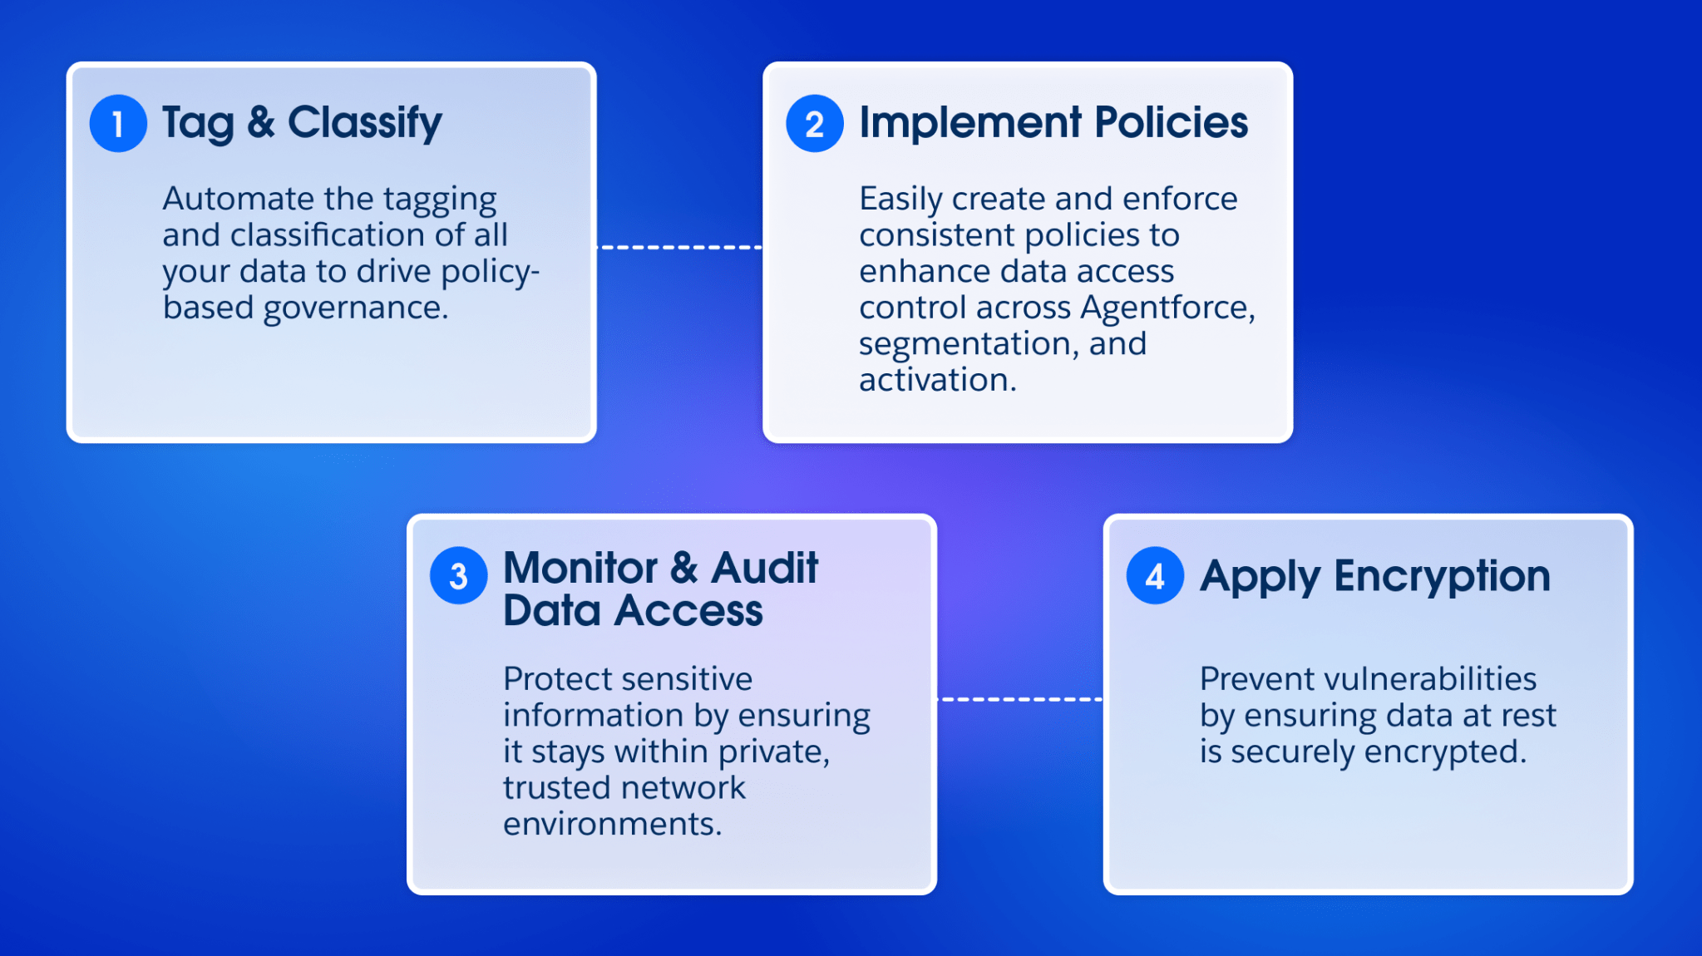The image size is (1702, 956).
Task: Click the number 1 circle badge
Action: point(118,124)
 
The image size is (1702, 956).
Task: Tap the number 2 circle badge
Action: point(815,124)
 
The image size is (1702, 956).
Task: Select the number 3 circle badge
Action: point(458,576)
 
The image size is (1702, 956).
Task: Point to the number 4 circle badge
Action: point(1155,576)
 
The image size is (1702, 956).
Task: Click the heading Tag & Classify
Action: point(302,123)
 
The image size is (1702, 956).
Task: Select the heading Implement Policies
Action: point(1053,123)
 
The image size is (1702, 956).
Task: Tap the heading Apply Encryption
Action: point(1375,576)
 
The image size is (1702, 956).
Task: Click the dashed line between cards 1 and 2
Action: point(679,247)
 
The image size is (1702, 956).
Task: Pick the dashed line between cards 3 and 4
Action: point(1020,699)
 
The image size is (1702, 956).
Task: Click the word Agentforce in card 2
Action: point(1167,308)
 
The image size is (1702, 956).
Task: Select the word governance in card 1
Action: point(356,308)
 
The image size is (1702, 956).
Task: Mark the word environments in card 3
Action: point(612,824)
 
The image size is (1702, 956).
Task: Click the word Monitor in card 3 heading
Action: point(580,569)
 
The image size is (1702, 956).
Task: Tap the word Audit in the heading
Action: point(765,569)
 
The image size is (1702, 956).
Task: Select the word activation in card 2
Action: point(937,381)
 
